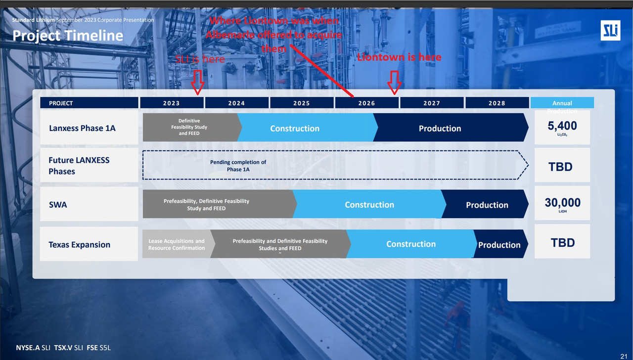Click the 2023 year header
(172, 103)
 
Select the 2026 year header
(366, 103)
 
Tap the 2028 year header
(497, 103)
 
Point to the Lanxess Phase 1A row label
(82, 128)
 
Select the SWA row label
(58, 204)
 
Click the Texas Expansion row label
(79, 245)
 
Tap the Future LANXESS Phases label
(79, 166)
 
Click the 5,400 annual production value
(562, 127)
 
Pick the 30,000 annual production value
(562, 203)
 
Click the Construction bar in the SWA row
(369, 205)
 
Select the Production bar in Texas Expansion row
(499, 245)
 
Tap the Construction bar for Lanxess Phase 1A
(295, 129)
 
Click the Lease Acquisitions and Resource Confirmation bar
(176, 244)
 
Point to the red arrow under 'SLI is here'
(197, 82)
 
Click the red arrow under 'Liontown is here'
(394, 82)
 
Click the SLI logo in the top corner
(610, 31)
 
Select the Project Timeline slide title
(68, 36)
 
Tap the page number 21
(623, 356)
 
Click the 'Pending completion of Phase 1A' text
(238, 166)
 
